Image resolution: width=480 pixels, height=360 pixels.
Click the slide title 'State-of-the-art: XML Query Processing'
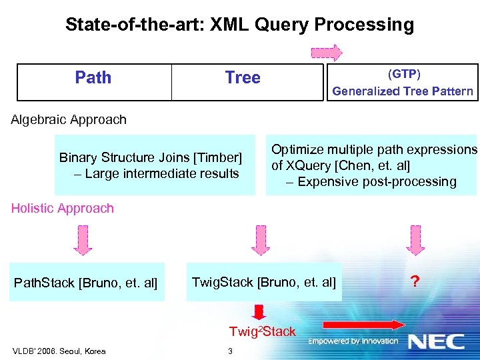239,25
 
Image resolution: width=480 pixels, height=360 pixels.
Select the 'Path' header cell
93,77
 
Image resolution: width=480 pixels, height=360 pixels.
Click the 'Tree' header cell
243,77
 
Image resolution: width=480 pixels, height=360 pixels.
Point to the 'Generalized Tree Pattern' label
403,91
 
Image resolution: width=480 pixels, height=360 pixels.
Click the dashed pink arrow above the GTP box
327,53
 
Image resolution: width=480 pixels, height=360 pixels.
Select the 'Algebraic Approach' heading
69,120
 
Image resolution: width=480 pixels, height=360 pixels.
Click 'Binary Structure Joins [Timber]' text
151,158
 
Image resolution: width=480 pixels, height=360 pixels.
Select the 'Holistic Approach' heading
63,209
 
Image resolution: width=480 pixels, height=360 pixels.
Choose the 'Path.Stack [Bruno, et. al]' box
86,283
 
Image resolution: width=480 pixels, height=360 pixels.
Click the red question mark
415,282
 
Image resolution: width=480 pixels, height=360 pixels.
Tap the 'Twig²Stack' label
262,331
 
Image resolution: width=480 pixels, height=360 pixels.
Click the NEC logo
437,341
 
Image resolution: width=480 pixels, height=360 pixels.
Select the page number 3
230,351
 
